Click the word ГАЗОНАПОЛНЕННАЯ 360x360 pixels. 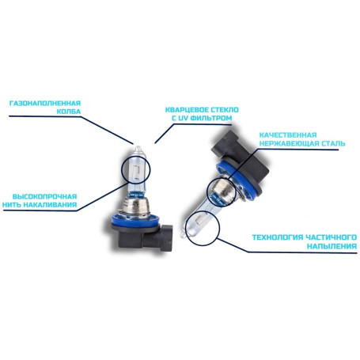point(45,103)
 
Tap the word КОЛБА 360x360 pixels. point(69,112)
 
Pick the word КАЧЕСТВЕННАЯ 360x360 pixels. point(288,135)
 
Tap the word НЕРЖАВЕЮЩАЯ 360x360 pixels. point(290,144)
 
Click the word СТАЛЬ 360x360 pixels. point(334,144)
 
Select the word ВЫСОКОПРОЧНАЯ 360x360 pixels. point(44,196)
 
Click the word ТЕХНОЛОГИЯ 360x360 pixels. point(278,237)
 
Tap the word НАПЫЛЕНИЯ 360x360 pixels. point(332,246)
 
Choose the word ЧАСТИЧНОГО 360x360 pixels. point(332,237)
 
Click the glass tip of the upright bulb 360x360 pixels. point(138,148)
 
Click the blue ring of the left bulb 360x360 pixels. point(136,221)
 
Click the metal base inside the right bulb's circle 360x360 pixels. point(223,189)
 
